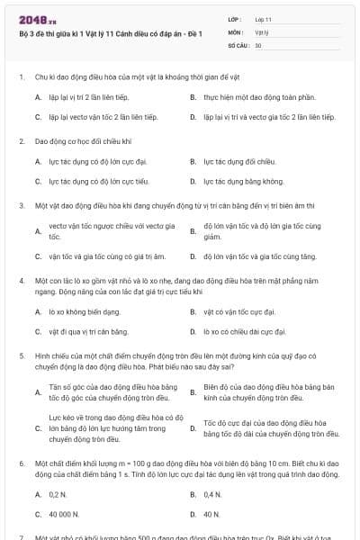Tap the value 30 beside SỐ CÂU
pos(259,44)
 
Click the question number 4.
pos(20,280)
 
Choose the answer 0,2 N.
pos(58,494)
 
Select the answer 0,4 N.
pos(212,494)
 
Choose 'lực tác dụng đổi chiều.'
pos(238,161)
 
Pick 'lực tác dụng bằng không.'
pos(243,181)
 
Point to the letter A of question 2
pos(38,161)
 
